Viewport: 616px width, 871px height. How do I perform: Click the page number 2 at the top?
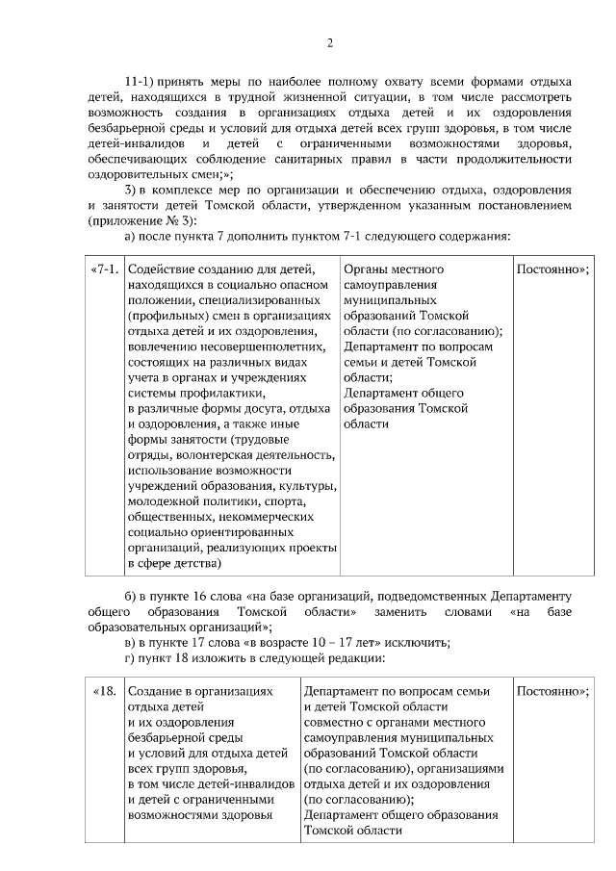(x=329, y=42)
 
